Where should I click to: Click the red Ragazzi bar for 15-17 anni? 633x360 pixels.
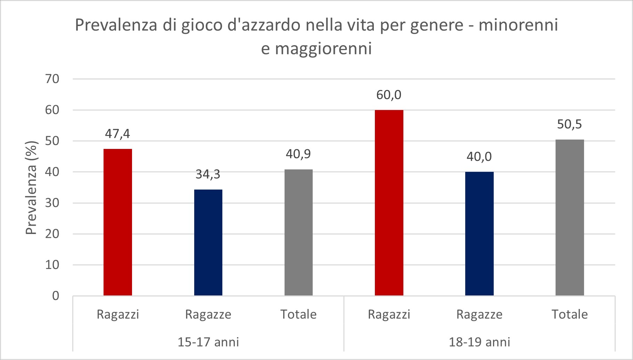(x=118, y=222)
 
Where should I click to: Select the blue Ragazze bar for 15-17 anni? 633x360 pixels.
(x=208, y=242)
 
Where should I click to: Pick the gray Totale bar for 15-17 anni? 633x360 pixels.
(x=298, y=232)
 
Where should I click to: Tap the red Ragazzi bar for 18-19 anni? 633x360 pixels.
(x=389, y=203)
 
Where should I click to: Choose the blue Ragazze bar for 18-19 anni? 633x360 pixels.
(x=479, y=234)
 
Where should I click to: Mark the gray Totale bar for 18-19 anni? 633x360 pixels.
(x=570, y=217)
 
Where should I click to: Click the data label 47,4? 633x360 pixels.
(x=118, y=134)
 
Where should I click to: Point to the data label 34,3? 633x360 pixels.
(x=208, y=174)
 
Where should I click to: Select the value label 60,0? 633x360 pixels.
(x=389, y=95)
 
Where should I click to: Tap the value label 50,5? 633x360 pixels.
(x=570, y=124)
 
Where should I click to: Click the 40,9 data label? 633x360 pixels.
(x=298, y=154)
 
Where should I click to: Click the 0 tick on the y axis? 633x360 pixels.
(x=56, y=296)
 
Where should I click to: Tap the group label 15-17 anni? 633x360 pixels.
(x=208, y=342)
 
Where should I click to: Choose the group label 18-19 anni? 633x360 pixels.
(x=479, y=342)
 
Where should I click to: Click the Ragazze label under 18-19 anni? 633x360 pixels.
(x=479, y=315)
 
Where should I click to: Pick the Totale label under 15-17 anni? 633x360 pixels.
(x=298, y=315)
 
